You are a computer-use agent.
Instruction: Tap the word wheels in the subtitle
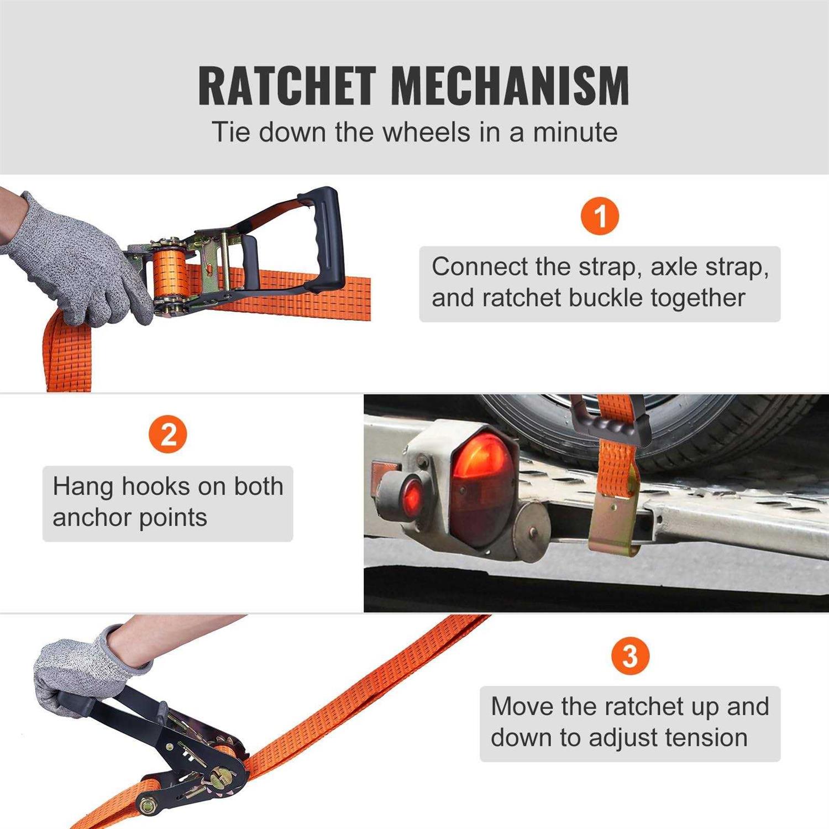pos(426,133)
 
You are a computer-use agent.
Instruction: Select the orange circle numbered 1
pos(600,216)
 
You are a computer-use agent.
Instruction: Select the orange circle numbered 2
pos(168,434)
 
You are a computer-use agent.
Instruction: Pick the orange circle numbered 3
pos(629,656)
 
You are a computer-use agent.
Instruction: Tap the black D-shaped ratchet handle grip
pos(323,238)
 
